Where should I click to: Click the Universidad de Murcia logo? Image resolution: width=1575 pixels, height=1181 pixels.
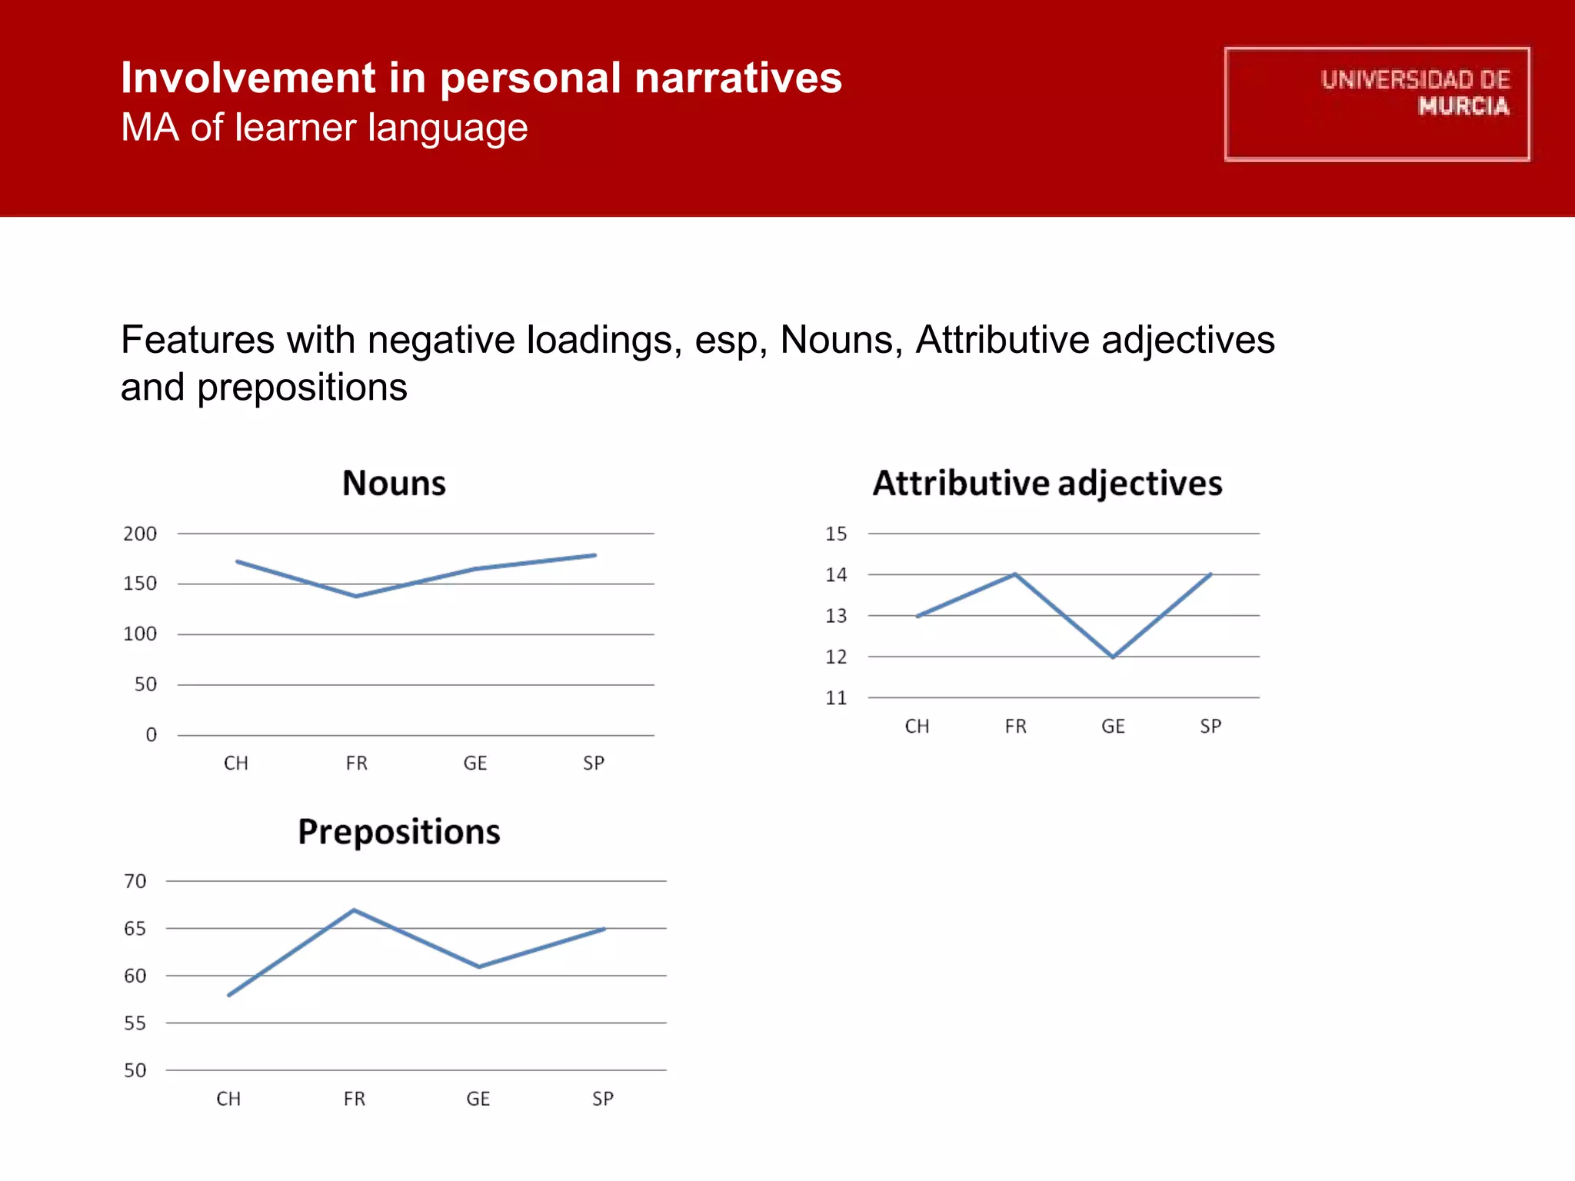(x=1377, y=104)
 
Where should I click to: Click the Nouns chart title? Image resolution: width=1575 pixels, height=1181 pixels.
(x=394, y=484)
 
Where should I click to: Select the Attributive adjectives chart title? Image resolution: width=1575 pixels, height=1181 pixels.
(x=1047, y=484)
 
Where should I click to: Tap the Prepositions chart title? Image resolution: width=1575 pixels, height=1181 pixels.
(x=398, y=832)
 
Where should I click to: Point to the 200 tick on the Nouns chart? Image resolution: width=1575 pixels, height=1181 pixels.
(x=140, y=534)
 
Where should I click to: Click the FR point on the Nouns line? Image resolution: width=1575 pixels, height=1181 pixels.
(x=356, y=596)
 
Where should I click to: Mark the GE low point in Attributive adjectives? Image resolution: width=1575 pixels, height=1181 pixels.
(x=1113, y=657)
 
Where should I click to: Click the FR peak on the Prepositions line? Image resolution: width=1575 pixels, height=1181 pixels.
(x=354, y=910)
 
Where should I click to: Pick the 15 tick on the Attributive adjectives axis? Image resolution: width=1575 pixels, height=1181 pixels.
(x=836, y=534)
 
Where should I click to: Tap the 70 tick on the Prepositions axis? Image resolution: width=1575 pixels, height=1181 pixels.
(x=135, y=881)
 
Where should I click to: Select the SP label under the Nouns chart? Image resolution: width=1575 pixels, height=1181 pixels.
(x=593, y=763)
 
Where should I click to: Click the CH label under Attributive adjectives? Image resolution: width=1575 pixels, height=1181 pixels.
(x=917, y=727)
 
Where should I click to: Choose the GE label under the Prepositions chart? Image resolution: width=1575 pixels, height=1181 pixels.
(x=478, y=1099)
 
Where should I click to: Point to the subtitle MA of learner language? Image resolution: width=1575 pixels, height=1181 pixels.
(x=324, y=128)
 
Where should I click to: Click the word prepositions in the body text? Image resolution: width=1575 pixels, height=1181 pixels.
(x=302, y=388)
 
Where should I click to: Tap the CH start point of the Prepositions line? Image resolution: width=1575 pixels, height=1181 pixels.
(x=229, y=995)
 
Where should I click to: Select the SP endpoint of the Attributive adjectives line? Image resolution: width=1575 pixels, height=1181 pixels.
(x=1210, y=574)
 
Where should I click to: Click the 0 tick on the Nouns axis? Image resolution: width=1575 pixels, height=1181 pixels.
(x=151, y=735)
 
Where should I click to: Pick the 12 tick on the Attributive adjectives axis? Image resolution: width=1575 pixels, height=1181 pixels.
(x=836, y=657)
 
